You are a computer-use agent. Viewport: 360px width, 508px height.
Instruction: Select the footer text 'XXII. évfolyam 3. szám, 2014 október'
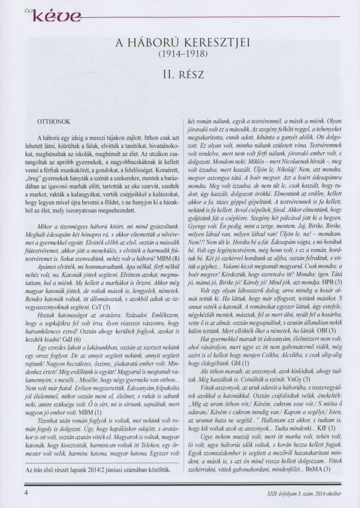301,493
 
